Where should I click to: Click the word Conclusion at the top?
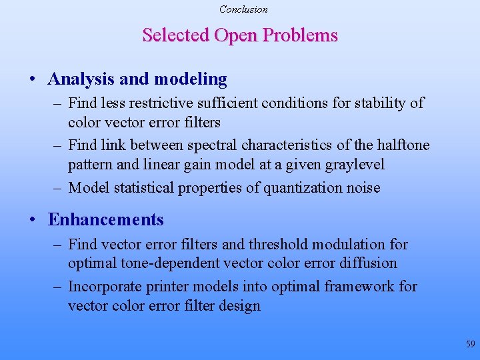point(243,9)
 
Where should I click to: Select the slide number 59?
point(471,344)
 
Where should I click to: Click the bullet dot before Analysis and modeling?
point(33,80)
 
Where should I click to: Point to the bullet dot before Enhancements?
point(33,221)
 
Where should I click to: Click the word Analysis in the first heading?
point(81,79)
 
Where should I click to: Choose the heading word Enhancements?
point(106,220)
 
